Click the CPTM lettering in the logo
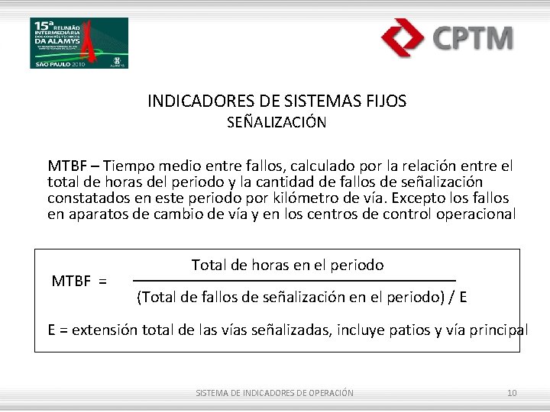473,38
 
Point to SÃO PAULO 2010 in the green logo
53,64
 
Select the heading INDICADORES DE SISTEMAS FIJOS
277,101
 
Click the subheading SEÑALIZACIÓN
277,122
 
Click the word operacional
476,214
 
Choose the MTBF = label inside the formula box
79,281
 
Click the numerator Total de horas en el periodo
287,265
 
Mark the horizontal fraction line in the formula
295,281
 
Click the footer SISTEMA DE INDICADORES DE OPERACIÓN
275,393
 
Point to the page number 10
512,393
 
